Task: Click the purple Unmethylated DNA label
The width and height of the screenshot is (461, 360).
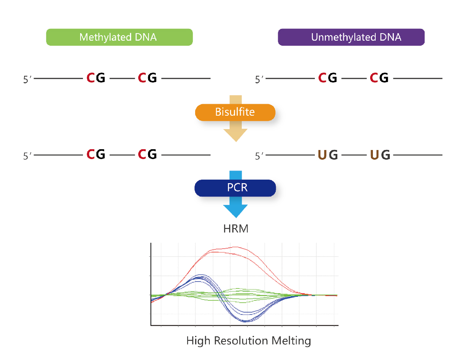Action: click(351, 37)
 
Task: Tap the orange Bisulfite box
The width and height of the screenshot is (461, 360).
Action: click(235, 112)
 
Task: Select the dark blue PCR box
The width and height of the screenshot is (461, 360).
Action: click(235, 187)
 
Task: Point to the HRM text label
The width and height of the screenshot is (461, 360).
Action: click(236, 229)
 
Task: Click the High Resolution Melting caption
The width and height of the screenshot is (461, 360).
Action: click(248, 341)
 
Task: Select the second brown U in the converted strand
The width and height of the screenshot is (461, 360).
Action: click(374, 155)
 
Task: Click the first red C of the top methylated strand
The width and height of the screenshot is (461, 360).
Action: click(90, 78)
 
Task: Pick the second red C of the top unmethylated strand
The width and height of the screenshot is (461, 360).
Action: click(374, 78)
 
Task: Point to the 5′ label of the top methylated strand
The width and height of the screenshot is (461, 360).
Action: click(26, 79)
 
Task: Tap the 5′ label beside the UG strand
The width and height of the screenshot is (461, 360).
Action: click(259, 156)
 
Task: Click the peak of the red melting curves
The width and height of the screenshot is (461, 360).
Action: click(235, 247)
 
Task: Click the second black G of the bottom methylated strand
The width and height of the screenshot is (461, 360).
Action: click(152, 154)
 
